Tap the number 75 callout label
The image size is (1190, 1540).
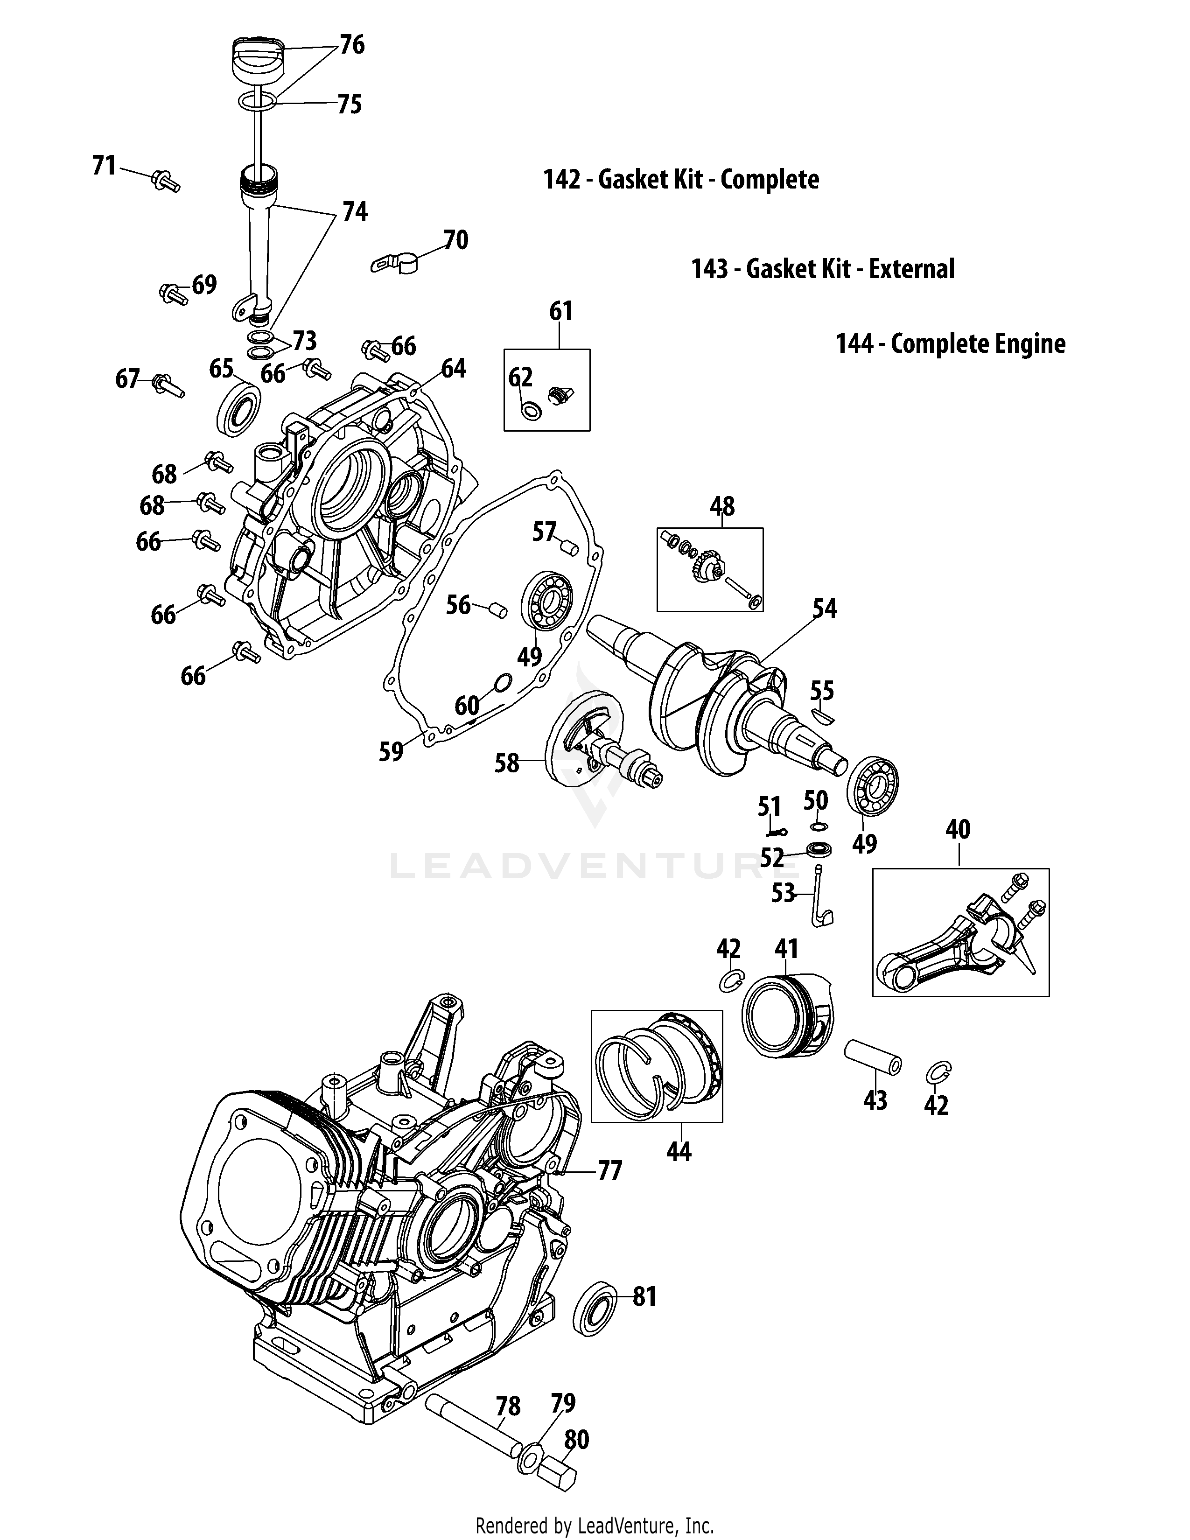[x=349, y=105]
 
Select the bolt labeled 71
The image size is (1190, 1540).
[x=165, y=181]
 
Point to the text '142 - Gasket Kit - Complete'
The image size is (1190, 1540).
[x=681, y=180]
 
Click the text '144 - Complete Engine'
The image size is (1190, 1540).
[x=950, y=344]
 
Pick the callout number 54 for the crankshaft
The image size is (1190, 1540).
[x=824, y=609]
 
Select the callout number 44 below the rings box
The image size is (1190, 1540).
[x=679, y=1151]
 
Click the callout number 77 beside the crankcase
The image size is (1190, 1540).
[x=610, y=1171]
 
